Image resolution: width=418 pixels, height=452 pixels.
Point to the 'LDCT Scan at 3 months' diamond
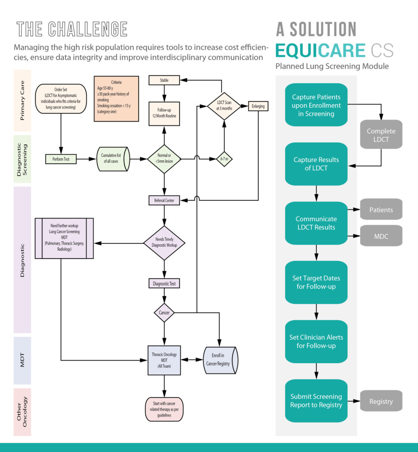[x=224, y=106]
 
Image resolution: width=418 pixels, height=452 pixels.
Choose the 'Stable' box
[x=164, y=80]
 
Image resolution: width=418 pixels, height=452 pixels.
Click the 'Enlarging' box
[x=258, y=106]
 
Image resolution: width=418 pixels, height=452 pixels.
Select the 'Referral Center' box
[x=164, y=200]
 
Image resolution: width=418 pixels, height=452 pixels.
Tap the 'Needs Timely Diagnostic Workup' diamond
[x=164, y=243]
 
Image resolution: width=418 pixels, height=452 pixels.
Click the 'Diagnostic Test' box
[x=164, y=283]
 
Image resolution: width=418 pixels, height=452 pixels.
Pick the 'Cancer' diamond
[x=164, y=313]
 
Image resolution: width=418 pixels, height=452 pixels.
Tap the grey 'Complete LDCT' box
[x=381, y=136]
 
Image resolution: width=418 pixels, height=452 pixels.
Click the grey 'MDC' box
[x=381, y=236]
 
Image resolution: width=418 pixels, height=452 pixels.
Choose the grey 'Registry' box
[x=381, y=401]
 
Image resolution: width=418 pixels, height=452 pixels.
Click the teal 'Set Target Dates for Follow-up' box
[x=316, y=282]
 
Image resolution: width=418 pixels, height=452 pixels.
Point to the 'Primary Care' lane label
[x=22, y=101]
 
